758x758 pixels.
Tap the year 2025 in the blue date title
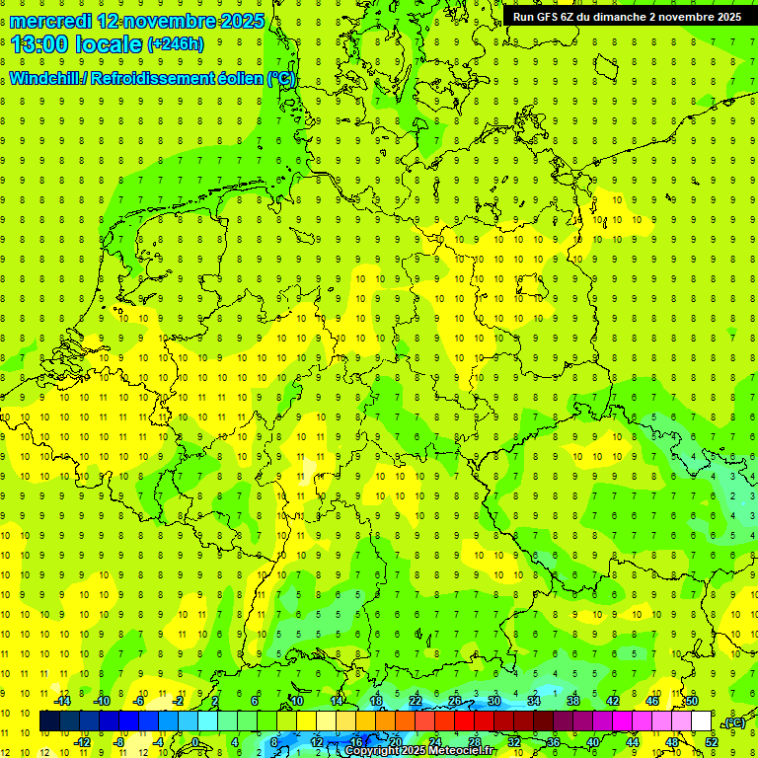coord(237,21)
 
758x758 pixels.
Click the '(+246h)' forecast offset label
coord(176,44)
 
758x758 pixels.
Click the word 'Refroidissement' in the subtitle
coord(155,79)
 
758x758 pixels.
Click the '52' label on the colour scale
coord(712,742)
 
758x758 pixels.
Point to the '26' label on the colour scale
coord(455,701)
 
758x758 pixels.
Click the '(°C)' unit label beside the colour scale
coord(733,723)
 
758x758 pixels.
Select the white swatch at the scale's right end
coord(702,721)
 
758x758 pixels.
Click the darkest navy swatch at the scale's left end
coord(50,721)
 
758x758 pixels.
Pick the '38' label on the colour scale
coord(573,701)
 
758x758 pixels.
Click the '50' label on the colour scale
coord(692,701)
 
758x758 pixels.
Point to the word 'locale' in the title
coord(112,43)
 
